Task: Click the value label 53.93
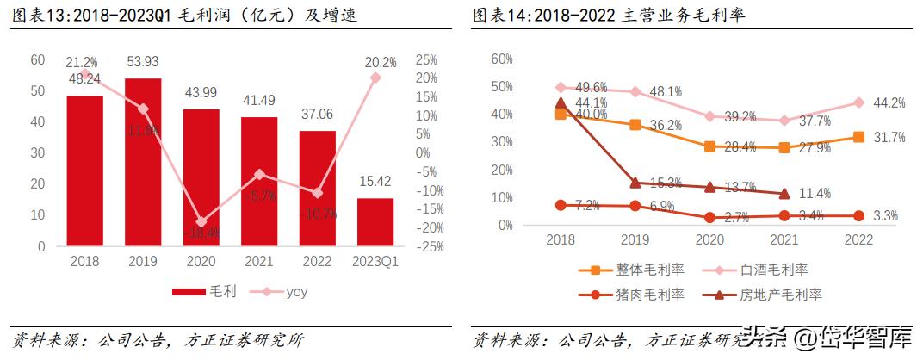[143, 62]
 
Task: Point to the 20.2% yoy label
[380, 62]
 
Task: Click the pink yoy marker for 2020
[201, 222]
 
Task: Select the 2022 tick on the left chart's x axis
[317, 259]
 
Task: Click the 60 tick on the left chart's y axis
[37, 59]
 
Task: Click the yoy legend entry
[294, 292]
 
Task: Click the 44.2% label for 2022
[889, 102]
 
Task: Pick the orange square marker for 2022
[858, 137]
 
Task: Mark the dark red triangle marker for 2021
[784, 194]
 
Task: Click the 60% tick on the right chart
[501, 59]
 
